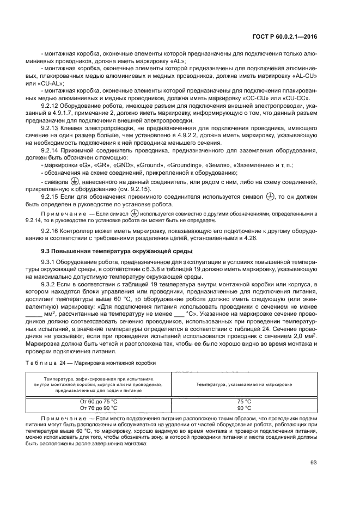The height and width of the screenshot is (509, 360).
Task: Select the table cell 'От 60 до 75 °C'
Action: pos(98,401)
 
